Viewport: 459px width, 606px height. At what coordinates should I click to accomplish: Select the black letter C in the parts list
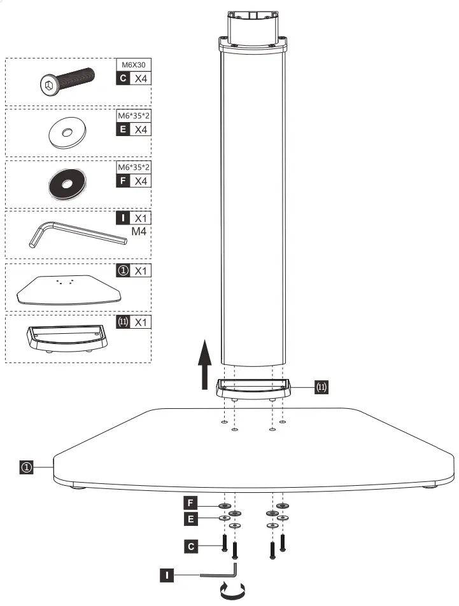click(x=122, y=79)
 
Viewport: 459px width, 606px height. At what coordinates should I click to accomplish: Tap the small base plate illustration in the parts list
click(x=67, y=289)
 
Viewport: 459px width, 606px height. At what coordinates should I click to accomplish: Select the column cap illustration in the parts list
click(x=66, y=337)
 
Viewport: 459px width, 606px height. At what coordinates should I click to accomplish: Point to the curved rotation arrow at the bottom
click(x=230, y=592)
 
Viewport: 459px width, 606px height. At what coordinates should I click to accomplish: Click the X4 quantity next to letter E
click(x=140, y=130)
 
